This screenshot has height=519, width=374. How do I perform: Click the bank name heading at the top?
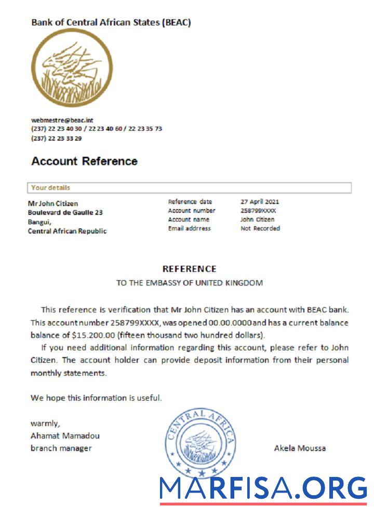click(x=111, y=22)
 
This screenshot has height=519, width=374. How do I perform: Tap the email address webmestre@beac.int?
click(x=62, y=120)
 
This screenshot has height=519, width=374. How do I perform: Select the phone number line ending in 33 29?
click(x=56, y=139)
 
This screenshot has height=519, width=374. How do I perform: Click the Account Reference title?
click(x=84, y=161)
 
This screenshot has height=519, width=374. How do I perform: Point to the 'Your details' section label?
click(x=50, y=188)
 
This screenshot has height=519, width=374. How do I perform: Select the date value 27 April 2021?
click(x=260, y=202)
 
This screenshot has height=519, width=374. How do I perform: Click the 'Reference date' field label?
click(x=190, y=202)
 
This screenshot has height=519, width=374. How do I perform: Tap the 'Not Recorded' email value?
click(x=260, y=228)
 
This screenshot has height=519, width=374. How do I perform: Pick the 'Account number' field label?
click(x=191, y=211)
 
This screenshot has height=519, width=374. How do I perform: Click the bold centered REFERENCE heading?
click(x=189, y=269)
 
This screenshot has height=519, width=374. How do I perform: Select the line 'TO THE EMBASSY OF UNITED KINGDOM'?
click(x=189, y=283)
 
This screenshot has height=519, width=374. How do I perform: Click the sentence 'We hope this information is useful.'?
click(x=96, y=398)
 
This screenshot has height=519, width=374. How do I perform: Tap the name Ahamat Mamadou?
click(x=65, y=435)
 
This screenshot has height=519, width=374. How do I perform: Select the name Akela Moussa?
click(x=300, y=448)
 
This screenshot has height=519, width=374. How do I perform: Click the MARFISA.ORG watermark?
click(x=263, y=488)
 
